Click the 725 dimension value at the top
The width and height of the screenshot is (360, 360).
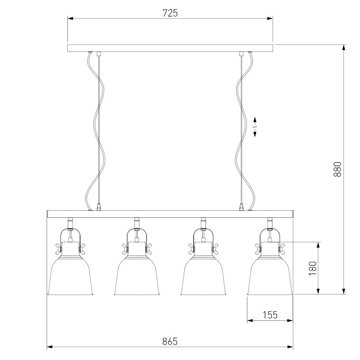click(x=170, y=13)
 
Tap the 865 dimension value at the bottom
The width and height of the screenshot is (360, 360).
click(x=170, y=342)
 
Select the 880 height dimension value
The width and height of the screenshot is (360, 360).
click(x=337, y=169)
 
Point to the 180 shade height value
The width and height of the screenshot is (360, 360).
click(x=313, y=268)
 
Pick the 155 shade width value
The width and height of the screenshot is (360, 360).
click(x=270, y=315)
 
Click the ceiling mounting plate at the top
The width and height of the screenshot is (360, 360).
click(x=170, y=48)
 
